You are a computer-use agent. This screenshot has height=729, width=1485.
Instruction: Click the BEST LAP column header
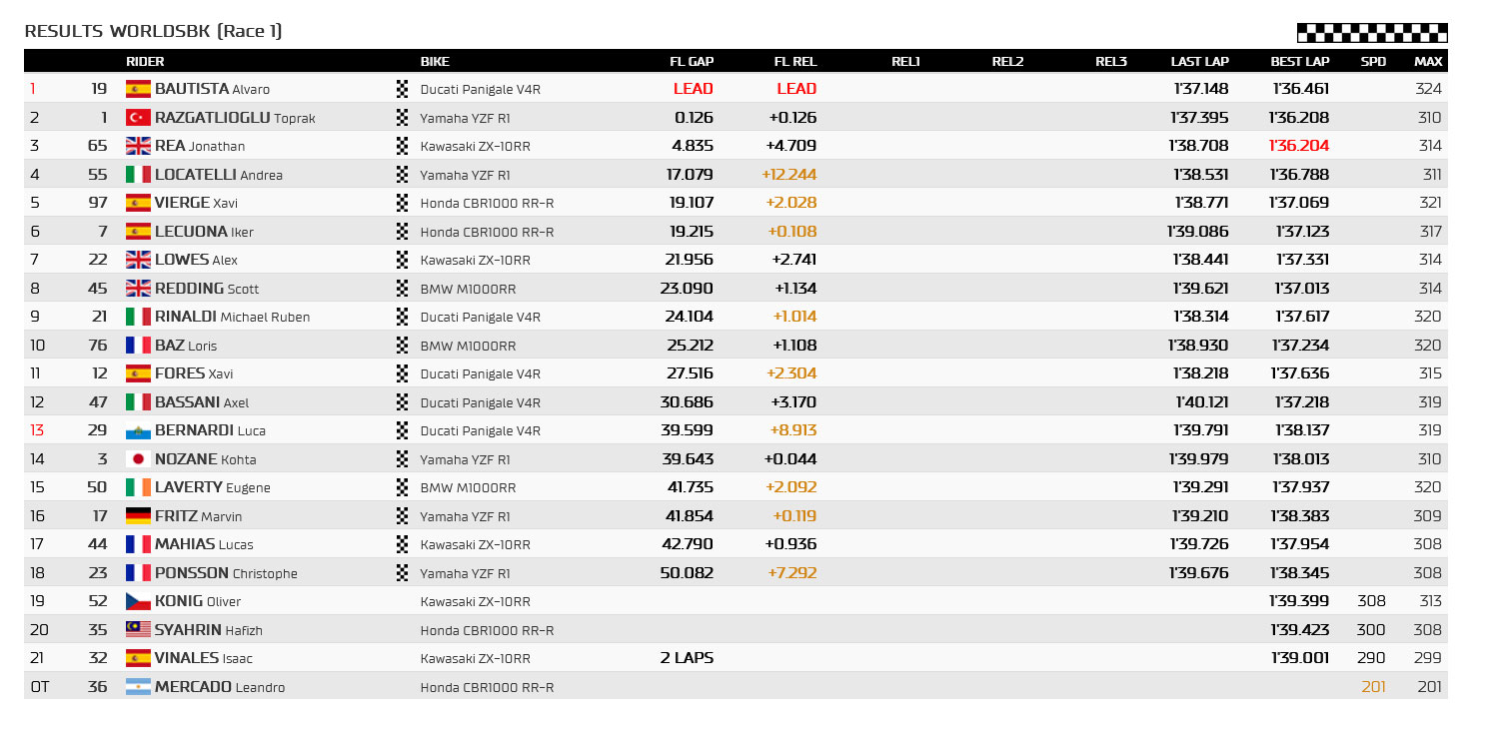point(1299,62)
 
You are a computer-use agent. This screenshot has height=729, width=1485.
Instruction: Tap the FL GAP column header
point(692,62)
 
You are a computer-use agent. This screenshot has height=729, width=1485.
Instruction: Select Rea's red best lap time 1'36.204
point(1299,146)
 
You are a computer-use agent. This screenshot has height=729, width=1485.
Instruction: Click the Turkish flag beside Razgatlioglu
point(138,117)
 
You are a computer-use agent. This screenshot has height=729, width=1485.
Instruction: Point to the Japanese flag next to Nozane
point(138,458)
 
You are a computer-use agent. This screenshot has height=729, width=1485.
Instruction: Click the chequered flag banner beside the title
point(1372,33)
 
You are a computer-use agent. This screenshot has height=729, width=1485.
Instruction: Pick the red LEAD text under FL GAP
point(693,89)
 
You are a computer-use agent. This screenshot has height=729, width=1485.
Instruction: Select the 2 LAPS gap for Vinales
point(687,658)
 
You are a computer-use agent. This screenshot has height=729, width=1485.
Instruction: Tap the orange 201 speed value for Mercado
point(1373,687)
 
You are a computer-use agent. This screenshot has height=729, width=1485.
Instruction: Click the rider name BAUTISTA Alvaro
point(212,89)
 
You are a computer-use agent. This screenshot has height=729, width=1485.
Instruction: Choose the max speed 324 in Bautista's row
point(1428,89)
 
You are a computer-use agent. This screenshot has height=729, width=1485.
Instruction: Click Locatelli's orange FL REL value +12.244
point(788,175)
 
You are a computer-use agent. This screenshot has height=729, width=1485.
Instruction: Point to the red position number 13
point(37,430)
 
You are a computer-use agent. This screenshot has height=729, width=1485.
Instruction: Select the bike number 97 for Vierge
point(98,203)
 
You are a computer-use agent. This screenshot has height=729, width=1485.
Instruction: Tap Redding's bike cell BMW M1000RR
point(468,289)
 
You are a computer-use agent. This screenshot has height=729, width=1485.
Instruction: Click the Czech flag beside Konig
point(138,601)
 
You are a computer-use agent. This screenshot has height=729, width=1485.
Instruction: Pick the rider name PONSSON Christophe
point(226,573)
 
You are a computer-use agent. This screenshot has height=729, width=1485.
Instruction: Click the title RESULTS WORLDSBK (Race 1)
point(153,31)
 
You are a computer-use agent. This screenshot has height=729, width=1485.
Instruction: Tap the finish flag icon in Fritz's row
point(402,515)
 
